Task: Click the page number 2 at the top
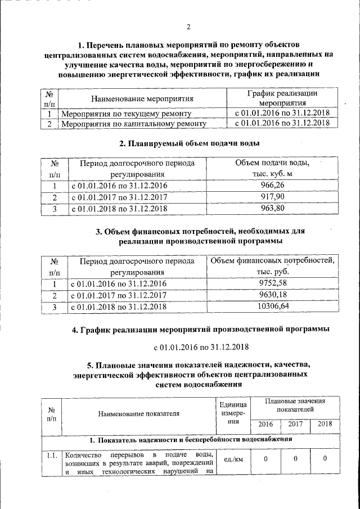[x=189, y=26]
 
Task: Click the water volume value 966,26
[x=272, y=186]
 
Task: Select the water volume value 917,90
[x=272, y=197]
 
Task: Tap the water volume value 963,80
[x=272, y=209]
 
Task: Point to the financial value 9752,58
[x=272, y=283]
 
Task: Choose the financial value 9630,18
[x=272, y=295]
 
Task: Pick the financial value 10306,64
[x=272, y=307]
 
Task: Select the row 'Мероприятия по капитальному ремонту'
[x=134, y=124]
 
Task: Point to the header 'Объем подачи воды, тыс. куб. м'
[x=272, y=168]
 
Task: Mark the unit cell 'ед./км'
[x=232, y=459]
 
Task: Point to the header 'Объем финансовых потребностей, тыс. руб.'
[x=272, y=266]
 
